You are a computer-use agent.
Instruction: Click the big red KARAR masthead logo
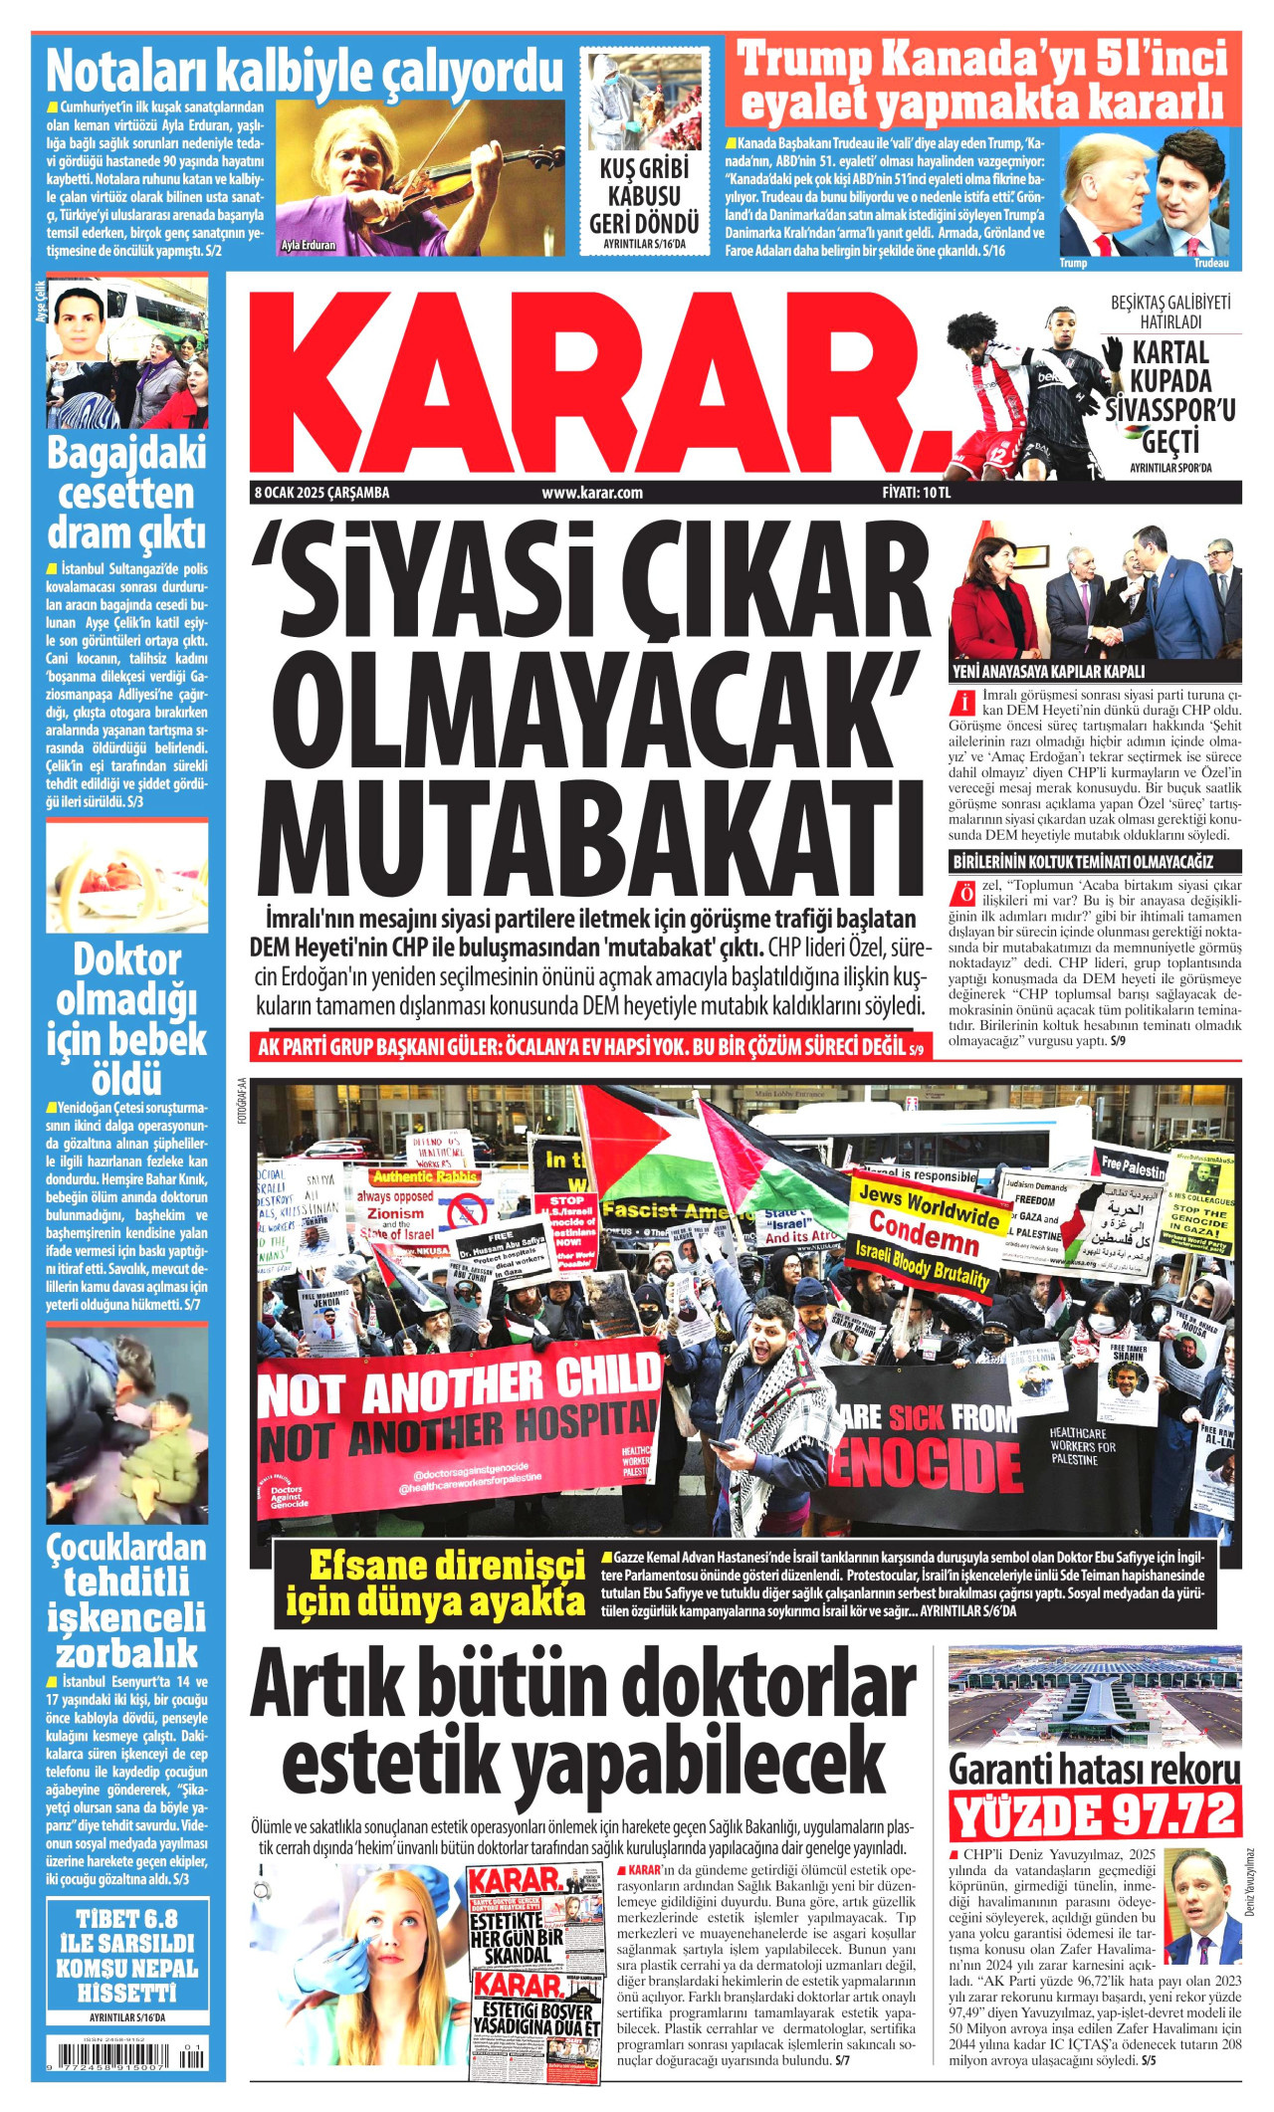(597, 383)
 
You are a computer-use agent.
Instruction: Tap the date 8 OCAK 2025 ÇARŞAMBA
(321, 493)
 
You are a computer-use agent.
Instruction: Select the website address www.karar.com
(592, 493)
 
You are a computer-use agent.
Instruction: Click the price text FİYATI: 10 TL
(916, 493)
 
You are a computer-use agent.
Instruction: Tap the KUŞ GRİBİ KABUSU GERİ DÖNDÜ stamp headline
(643, 196)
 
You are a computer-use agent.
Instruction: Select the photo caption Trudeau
(1211, 263)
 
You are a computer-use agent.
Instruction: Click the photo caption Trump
(1073, 263)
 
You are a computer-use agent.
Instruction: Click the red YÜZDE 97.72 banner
(1095, 1814)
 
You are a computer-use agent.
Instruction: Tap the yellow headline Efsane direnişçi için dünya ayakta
(436, 1584)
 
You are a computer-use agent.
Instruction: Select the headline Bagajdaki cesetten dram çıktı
(126, 494)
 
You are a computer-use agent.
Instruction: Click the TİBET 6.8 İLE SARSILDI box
(126, 1955)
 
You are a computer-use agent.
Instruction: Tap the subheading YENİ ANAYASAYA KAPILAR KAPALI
(1049, 671)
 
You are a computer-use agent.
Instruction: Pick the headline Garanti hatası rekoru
(1095, 1770)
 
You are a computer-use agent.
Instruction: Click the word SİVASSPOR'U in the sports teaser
(1169, 409)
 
